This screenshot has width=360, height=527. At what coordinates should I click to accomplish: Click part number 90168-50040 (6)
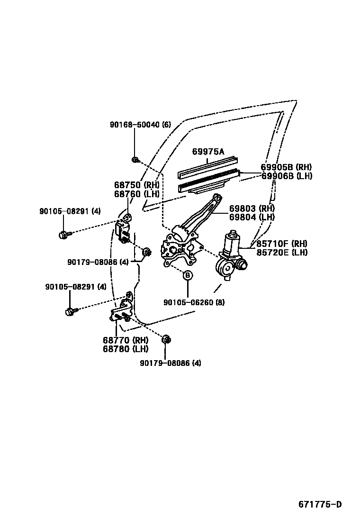(x=140, y=125)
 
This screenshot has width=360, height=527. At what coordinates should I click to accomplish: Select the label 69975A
(x=208, y=152)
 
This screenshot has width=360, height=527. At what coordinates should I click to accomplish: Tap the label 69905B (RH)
(x=286, y=167)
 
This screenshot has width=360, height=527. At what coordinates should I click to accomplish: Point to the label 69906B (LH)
(x=286, y=176)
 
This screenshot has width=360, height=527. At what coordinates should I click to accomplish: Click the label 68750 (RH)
(x=137, y=185)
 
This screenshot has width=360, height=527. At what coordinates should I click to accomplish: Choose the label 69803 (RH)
(x=252, y=209)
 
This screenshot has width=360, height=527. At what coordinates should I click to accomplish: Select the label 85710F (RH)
(x=282, y=244)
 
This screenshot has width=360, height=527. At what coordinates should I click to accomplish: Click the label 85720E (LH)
(x=282, y=253)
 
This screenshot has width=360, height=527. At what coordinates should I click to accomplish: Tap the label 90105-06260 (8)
(x=187, y=302)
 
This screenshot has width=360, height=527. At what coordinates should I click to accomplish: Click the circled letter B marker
(x=188, y=275)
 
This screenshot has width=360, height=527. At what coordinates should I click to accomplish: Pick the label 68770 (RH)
(x=126, y=340)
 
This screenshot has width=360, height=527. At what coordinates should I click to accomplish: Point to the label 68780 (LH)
(x=126, y=349)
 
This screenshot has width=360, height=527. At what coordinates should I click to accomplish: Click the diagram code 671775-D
(x=319, y=504)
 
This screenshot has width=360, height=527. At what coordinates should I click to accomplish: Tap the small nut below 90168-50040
(x=135, y=160)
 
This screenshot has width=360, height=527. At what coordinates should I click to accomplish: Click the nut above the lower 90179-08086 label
(x=166, y=340)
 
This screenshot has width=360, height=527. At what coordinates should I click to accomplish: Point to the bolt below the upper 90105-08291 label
(x=63, y=234)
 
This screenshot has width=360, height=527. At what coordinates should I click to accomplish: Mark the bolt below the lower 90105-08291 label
(x=70, y=311)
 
